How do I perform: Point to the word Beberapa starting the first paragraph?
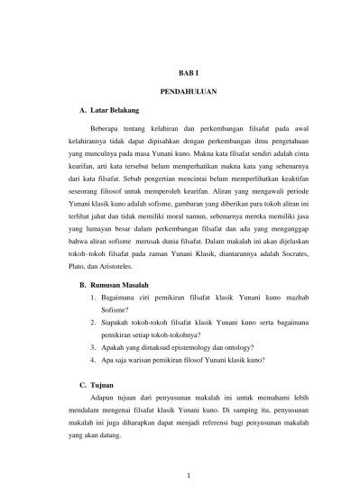(x=110, y=130)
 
